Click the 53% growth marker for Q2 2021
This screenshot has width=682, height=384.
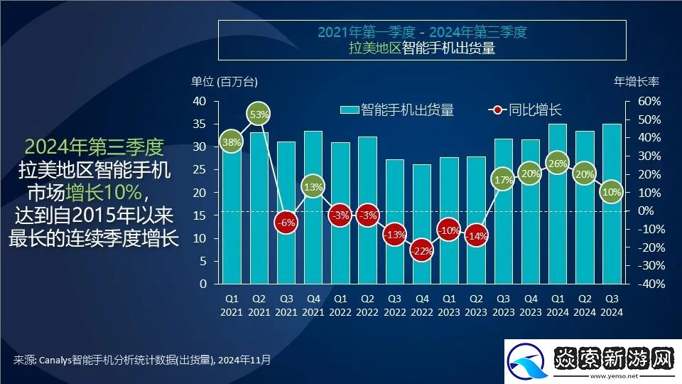259,114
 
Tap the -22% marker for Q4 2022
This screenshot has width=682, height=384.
421,251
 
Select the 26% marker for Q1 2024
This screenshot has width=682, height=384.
558,164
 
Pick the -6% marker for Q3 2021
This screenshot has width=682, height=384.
286,222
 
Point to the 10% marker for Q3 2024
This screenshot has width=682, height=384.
612,191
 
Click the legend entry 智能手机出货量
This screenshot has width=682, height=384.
398,110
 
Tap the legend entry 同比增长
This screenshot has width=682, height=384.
526,110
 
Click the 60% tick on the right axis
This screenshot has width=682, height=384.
648,102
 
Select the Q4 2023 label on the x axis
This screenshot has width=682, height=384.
531,305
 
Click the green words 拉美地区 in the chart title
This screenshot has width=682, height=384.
374,48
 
